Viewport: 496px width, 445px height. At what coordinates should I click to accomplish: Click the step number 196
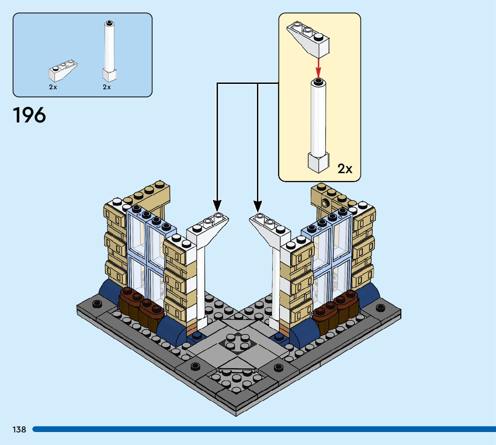(x=29, y=115)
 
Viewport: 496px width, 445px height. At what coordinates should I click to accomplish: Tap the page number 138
(x=19, y=429)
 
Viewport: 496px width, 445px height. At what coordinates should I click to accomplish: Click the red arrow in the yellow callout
(x=318, y=68)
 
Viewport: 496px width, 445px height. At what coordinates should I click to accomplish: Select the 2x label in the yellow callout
(x=345, y=169)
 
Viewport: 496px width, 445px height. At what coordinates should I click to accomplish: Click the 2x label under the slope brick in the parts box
(x=53, y=87)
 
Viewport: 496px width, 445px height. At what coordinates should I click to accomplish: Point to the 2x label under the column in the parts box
(x=107, y=87)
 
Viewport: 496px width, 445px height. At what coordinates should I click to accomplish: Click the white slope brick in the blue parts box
(x=63, y=70)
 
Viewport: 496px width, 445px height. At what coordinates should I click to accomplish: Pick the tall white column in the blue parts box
(x=109, y=51)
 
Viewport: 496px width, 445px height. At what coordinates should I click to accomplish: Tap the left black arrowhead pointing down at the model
(x=217, y=206)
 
